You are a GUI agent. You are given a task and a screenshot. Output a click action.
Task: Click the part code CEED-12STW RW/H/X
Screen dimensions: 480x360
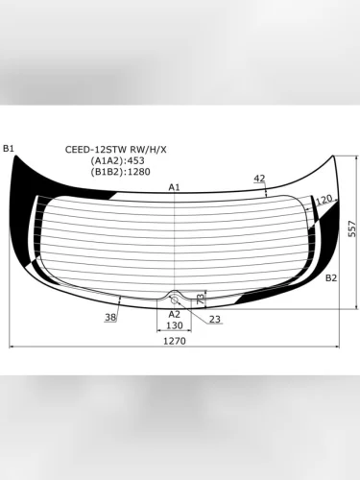(x=115, y=149)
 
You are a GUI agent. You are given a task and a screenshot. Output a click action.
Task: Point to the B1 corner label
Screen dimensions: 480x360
(x=9, y=148)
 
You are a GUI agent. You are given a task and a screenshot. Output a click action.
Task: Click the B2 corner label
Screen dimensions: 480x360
(x=331, y=277)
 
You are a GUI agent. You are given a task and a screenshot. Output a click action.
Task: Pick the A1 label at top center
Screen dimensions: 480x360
(x=175, y=187)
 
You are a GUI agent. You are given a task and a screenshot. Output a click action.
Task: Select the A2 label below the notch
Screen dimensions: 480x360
(x=175, y=314)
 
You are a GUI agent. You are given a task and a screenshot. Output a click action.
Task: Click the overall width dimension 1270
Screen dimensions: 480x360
(x=174, y=340)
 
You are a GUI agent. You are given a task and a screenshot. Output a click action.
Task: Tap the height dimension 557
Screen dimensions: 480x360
(x=352, y=228)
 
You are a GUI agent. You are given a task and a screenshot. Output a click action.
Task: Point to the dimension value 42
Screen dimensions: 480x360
(x=259, y=179)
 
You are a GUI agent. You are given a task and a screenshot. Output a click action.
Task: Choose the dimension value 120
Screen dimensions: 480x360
(x=324, y=200)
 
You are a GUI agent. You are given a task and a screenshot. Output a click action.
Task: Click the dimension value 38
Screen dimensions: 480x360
(x=110, y=317)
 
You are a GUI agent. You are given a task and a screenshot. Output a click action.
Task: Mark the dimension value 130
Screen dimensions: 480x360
(x=174, y=326)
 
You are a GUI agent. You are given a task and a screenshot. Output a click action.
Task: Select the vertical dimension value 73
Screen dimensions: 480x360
(x=200, y=300)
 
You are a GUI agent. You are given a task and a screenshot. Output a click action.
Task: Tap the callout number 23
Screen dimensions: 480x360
(x=214, y=319)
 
